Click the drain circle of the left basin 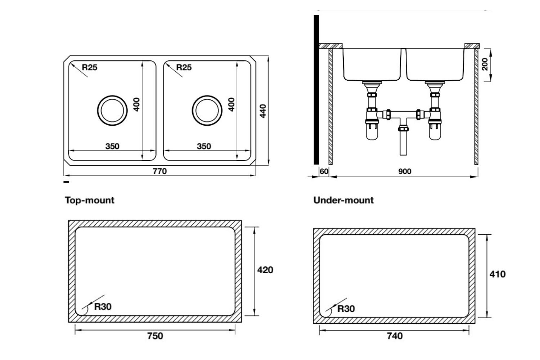[x=112, y=111]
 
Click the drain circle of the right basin [x=207, y=111]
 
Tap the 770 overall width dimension [x=159, y=171]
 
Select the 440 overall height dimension [x=263, y=111]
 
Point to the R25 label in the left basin [x=90, y=67]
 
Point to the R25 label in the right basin [x=184, y=67]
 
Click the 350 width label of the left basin [x=112, y=147]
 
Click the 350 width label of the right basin [x=204, y=147]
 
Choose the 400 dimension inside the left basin [x=136, y=104]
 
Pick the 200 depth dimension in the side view [x=485, y=64]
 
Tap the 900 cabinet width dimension [x=405, y=171]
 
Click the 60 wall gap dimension [x=324, y=171]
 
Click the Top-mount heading [x=90, y=200]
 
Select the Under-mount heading [x=343, y=200]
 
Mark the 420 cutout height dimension [x=265, y=270]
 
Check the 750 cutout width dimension [x=155, y=336]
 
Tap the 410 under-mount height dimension [x=497, y=274]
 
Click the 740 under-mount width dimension [x=395, y=336]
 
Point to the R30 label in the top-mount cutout [x=103, y=307]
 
